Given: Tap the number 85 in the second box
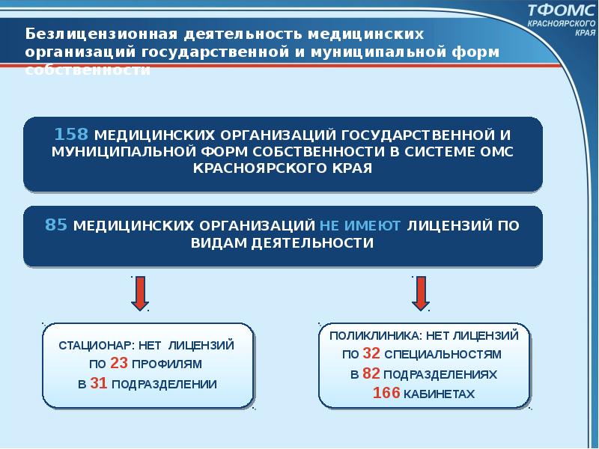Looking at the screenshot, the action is [x=57, y=224].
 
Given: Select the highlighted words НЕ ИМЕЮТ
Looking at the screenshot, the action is [x=361, y=224].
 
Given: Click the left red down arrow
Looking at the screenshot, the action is [x=139, y=293].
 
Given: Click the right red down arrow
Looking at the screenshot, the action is [x=420, y=293].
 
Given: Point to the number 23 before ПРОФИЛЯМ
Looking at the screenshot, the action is [x=118, y=364].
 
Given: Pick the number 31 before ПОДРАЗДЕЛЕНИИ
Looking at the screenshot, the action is [x=98, y=384].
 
